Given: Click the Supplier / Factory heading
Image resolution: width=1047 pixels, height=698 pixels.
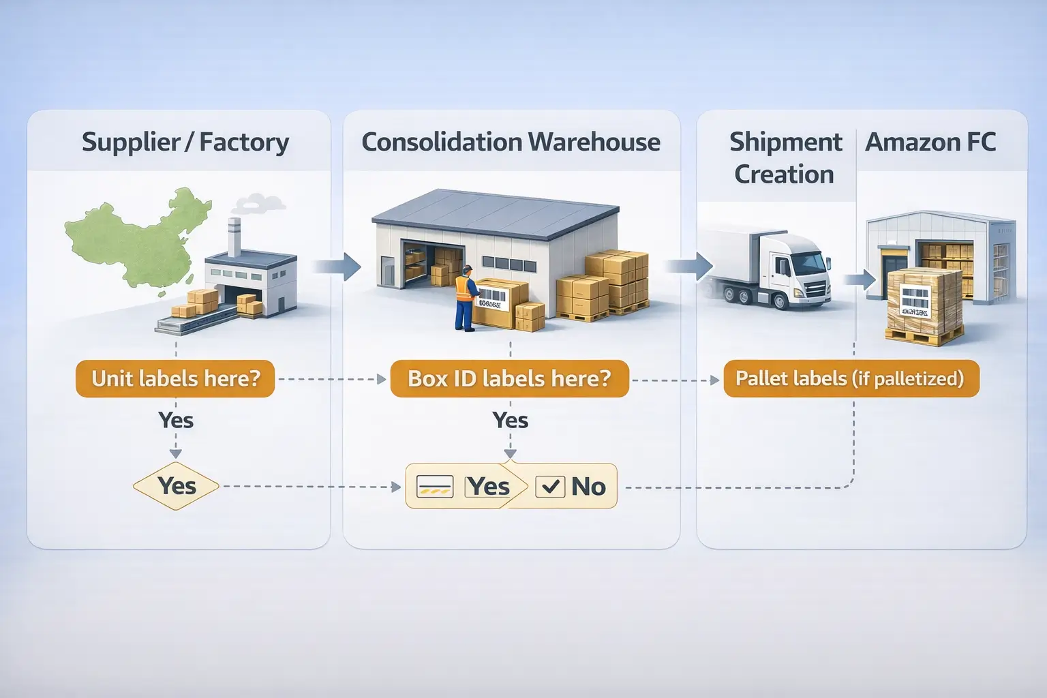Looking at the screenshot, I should pyautogui.click(x=185, y=142).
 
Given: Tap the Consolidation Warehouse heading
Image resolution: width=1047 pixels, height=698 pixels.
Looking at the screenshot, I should pyautogui.click(x=511, y=142).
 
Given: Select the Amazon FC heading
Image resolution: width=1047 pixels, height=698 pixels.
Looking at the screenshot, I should pyautogui.click(x=930, y=142).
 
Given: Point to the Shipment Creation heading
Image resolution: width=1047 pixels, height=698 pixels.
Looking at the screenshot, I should pyautogui.click(x=785, y=158).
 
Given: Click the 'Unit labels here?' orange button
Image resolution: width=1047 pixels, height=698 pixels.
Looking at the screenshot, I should pyautogui.click(x=175, y=379).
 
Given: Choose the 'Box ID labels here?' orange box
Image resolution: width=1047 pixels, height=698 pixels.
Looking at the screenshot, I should pyautogui.click(x=509, y=379).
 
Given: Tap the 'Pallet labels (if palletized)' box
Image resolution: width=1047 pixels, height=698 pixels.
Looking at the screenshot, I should pyautogui.click(x=850, y=379).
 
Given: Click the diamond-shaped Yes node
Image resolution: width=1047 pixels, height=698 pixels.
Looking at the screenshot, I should pyautogui.click(x=177, y=486).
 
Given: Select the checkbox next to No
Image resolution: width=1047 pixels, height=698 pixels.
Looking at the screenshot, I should pyautogui.click(x=550, y=487).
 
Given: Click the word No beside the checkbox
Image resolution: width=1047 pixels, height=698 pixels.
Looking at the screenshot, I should pyautogui.click(x=588, y=487).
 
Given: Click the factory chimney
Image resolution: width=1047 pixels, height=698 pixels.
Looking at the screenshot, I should pyautogui.click(x=234, y=237).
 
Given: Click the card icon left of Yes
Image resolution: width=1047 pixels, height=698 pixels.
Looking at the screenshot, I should pyautogui.click(x=434, y=487).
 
